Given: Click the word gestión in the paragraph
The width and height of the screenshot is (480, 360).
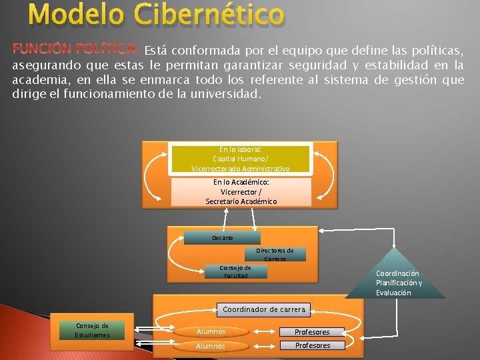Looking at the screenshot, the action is click(410, 79).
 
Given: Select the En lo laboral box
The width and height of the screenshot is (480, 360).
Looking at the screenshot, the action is click(240, 159).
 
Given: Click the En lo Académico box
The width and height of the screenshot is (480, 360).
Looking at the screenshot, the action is click(241, 191).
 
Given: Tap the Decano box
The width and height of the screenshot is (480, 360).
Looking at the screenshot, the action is click(222, 238).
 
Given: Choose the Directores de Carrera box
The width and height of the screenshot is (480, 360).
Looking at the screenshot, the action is click(275, 254).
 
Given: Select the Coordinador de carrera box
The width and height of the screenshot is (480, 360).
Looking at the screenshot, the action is click(264, 309).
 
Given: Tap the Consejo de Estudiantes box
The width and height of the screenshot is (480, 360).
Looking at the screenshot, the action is click(93, 330).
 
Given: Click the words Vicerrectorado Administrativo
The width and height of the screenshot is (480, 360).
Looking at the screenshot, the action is click(240, 169).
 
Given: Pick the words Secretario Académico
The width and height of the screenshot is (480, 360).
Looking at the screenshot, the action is click(241, 201).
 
